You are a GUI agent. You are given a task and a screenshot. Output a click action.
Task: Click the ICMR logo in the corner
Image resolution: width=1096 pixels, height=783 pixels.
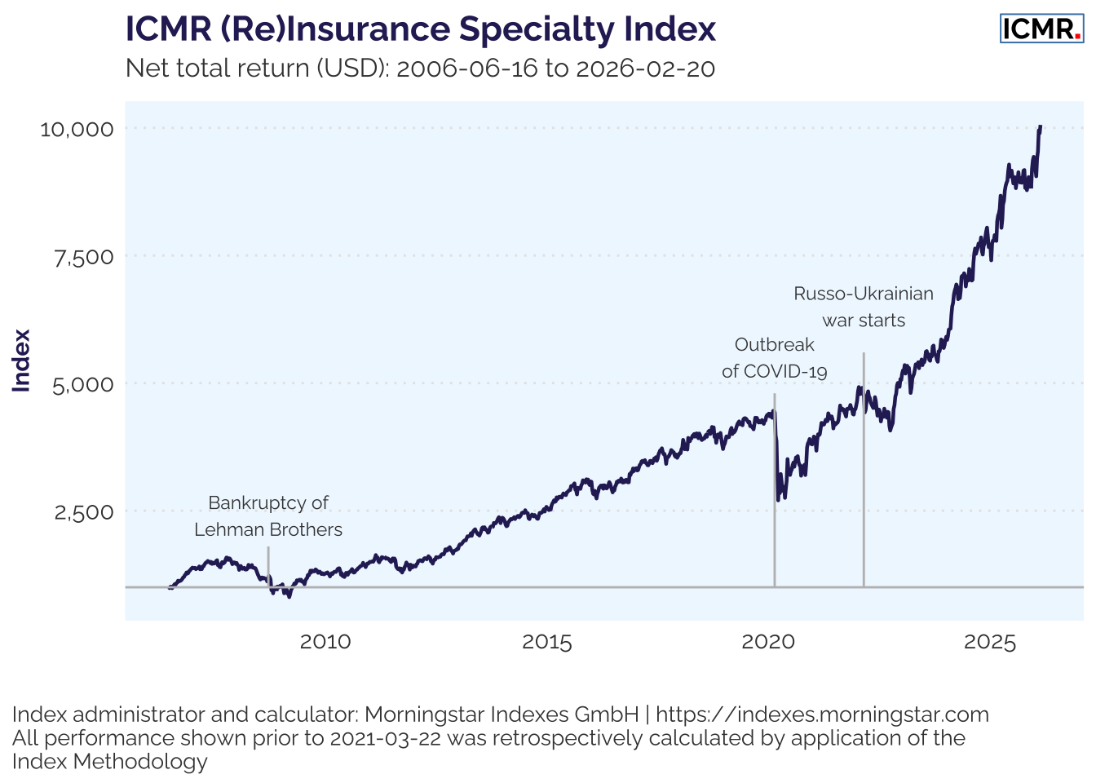click(x=1041, y=29)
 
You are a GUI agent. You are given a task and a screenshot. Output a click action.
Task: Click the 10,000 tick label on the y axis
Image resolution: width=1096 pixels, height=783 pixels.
click(x=77, y=129)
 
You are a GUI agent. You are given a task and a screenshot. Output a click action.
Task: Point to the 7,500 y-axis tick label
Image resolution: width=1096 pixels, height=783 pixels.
click(x=84, y=257)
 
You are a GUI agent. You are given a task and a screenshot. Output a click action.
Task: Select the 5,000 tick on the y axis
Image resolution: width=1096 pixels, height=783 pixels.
click(x=84, y=384)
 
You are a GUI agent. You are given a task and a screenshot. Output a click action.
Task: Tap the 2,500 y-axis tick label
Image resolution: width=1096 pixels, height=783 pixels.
click(x=84, y=512)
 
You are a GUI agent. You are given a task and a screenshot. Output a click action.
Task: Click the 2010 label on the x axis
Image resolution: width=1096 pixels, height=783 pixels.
click(x=325, y=642)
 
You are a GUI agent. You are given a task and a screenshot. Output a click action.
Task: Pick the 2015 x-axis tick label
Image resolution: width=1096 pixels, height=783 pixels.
click(x=547, y=642)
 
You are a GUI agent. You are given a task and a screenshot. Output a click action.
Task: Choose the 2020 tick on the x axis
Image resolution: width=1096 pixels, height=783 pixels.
click(x=768, y=642)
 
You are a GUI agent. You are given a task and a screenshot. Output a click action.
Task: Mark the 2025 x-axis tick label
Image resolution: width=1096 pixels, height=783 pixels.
click(x=990, y=642)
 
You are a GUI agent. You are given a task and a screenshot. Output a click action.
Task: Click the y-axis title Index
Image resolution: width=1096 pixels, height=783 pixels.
click(x=22, y=361)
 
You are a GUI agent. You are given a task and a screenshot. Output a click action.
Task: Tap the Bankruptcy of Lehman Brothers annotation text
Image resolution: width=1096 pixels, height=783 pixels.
click(x=268, y=516)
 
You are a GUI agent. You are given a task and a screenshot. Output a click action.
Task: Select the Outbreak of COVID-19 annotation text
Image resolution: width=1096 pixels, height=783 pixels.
click(x=775, y=358)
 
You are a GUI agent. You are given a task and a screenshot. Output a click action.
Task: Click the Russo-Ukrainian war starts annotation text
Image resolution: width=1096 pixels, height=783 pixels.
click(x=864, y=307)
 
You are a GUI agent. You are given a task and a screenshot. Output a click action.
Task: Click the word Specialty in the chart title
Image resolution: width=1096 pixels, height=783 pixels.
click(x=537, y=29)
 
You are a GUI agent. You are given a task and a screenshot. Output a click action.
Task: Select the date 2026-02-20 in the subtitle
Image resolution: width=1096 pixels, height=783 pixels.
click(x=645, y=68)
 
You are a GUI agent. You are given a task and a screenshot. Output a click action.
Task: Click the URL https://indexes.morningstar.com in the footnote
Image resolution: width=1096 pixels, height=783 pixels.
click(x=822, y=714)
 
